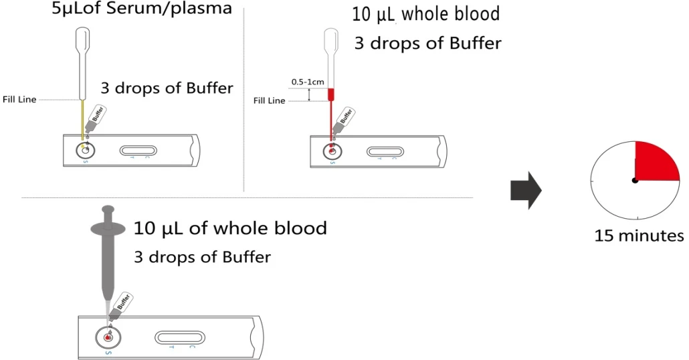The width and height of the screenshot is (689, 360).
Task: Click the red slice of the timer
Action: coord(655,163)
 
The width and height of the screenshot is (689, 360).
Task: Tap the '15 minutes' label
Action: coord(639,236)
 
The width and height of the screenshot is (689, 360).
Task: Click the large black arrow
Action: coord(526,190)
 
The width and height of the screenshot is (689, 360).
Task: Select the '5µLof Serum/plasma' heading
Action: coord(142,9)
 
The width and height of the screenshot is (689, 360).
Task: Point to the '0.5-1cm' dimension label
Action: coord(308,82)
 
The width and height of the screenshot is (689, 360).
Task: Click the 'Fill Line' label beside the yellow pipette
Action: coord(19,100)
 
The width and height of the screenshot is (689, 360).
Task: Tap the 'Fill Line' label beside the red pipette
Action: coord(270,100)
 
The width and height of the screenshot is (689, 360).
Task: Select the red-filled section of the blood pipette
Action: coord(331,94)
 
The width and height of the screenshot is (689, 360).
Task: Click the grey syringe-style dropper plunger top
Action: coord(108,209)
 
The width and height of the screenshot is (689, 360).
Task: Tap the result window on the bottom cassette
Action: coord(180,337)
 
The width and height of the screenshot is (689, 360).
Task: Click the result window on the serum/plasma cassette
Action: coord(138,151)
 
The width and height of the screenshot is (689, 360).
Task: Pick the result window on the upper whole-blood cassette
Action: coord(385,152)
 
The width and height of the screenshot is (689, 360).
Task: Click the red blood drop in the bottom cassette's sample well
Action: coord(108,337)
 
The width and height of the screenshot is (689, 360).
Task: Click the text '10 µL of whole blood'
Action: coord(230,229)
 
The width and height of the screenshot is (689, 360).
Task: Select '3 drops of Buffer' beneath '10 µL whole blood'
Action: coord(428,43)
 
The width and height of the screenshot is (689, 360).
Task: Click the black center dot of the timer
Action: coord(635,180)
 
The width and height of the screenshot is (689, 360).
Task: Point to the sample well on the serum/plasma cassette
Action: coord(85,151)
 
